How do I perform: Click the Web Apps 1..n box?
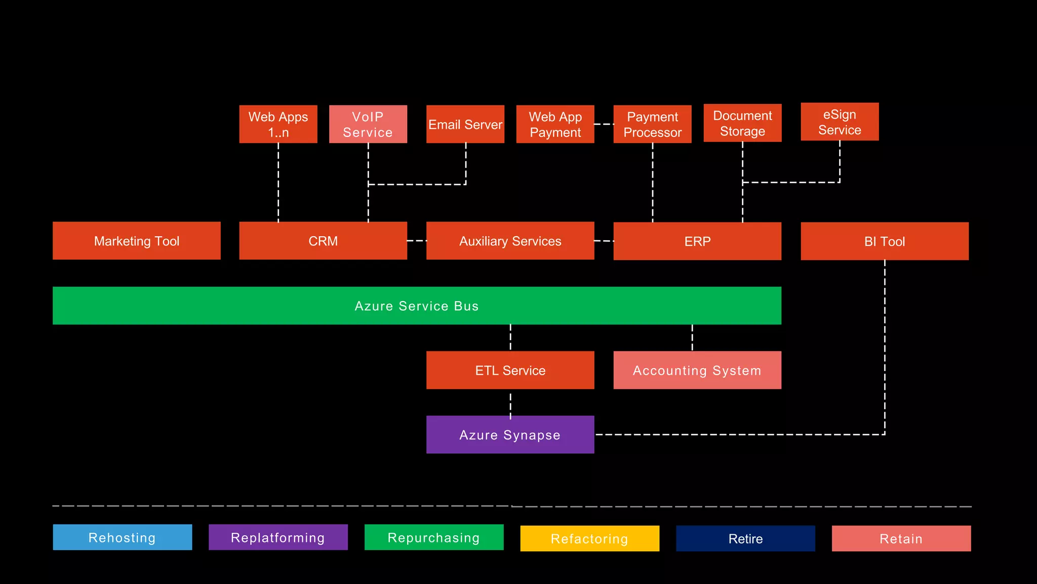pos(278,124)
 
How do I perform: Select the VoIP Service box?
pos(368,124)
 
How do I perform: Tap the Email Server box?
pos(465,124)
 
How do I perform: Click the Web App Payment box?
pos(555,124)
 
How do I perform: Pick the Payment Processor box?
pos(652,124)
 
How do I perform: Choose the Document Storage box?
pos(742,123)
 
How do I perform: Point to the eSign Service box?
pos(840,122)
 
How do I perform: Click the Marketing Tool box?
pos(137,241)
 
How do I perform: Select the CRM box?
pos(323,241)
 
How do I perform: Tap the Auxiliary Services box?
pos(510,241)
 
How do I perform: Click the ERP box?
pos(697,241)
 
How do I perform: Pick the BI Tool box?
pos(884,241)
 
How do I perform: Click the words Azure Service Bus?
pos(416,306)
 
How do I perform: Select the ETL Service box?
pos(510,370)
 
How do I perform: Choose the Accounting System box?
pos(697,370)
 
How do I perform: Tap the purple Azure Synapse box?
pos(510,434)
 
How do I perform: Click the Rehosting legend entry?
pos(122,537)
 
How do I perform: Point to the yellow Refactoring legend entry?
pos(589,538)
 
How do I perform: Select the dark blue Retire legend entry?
pos(745,538)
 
